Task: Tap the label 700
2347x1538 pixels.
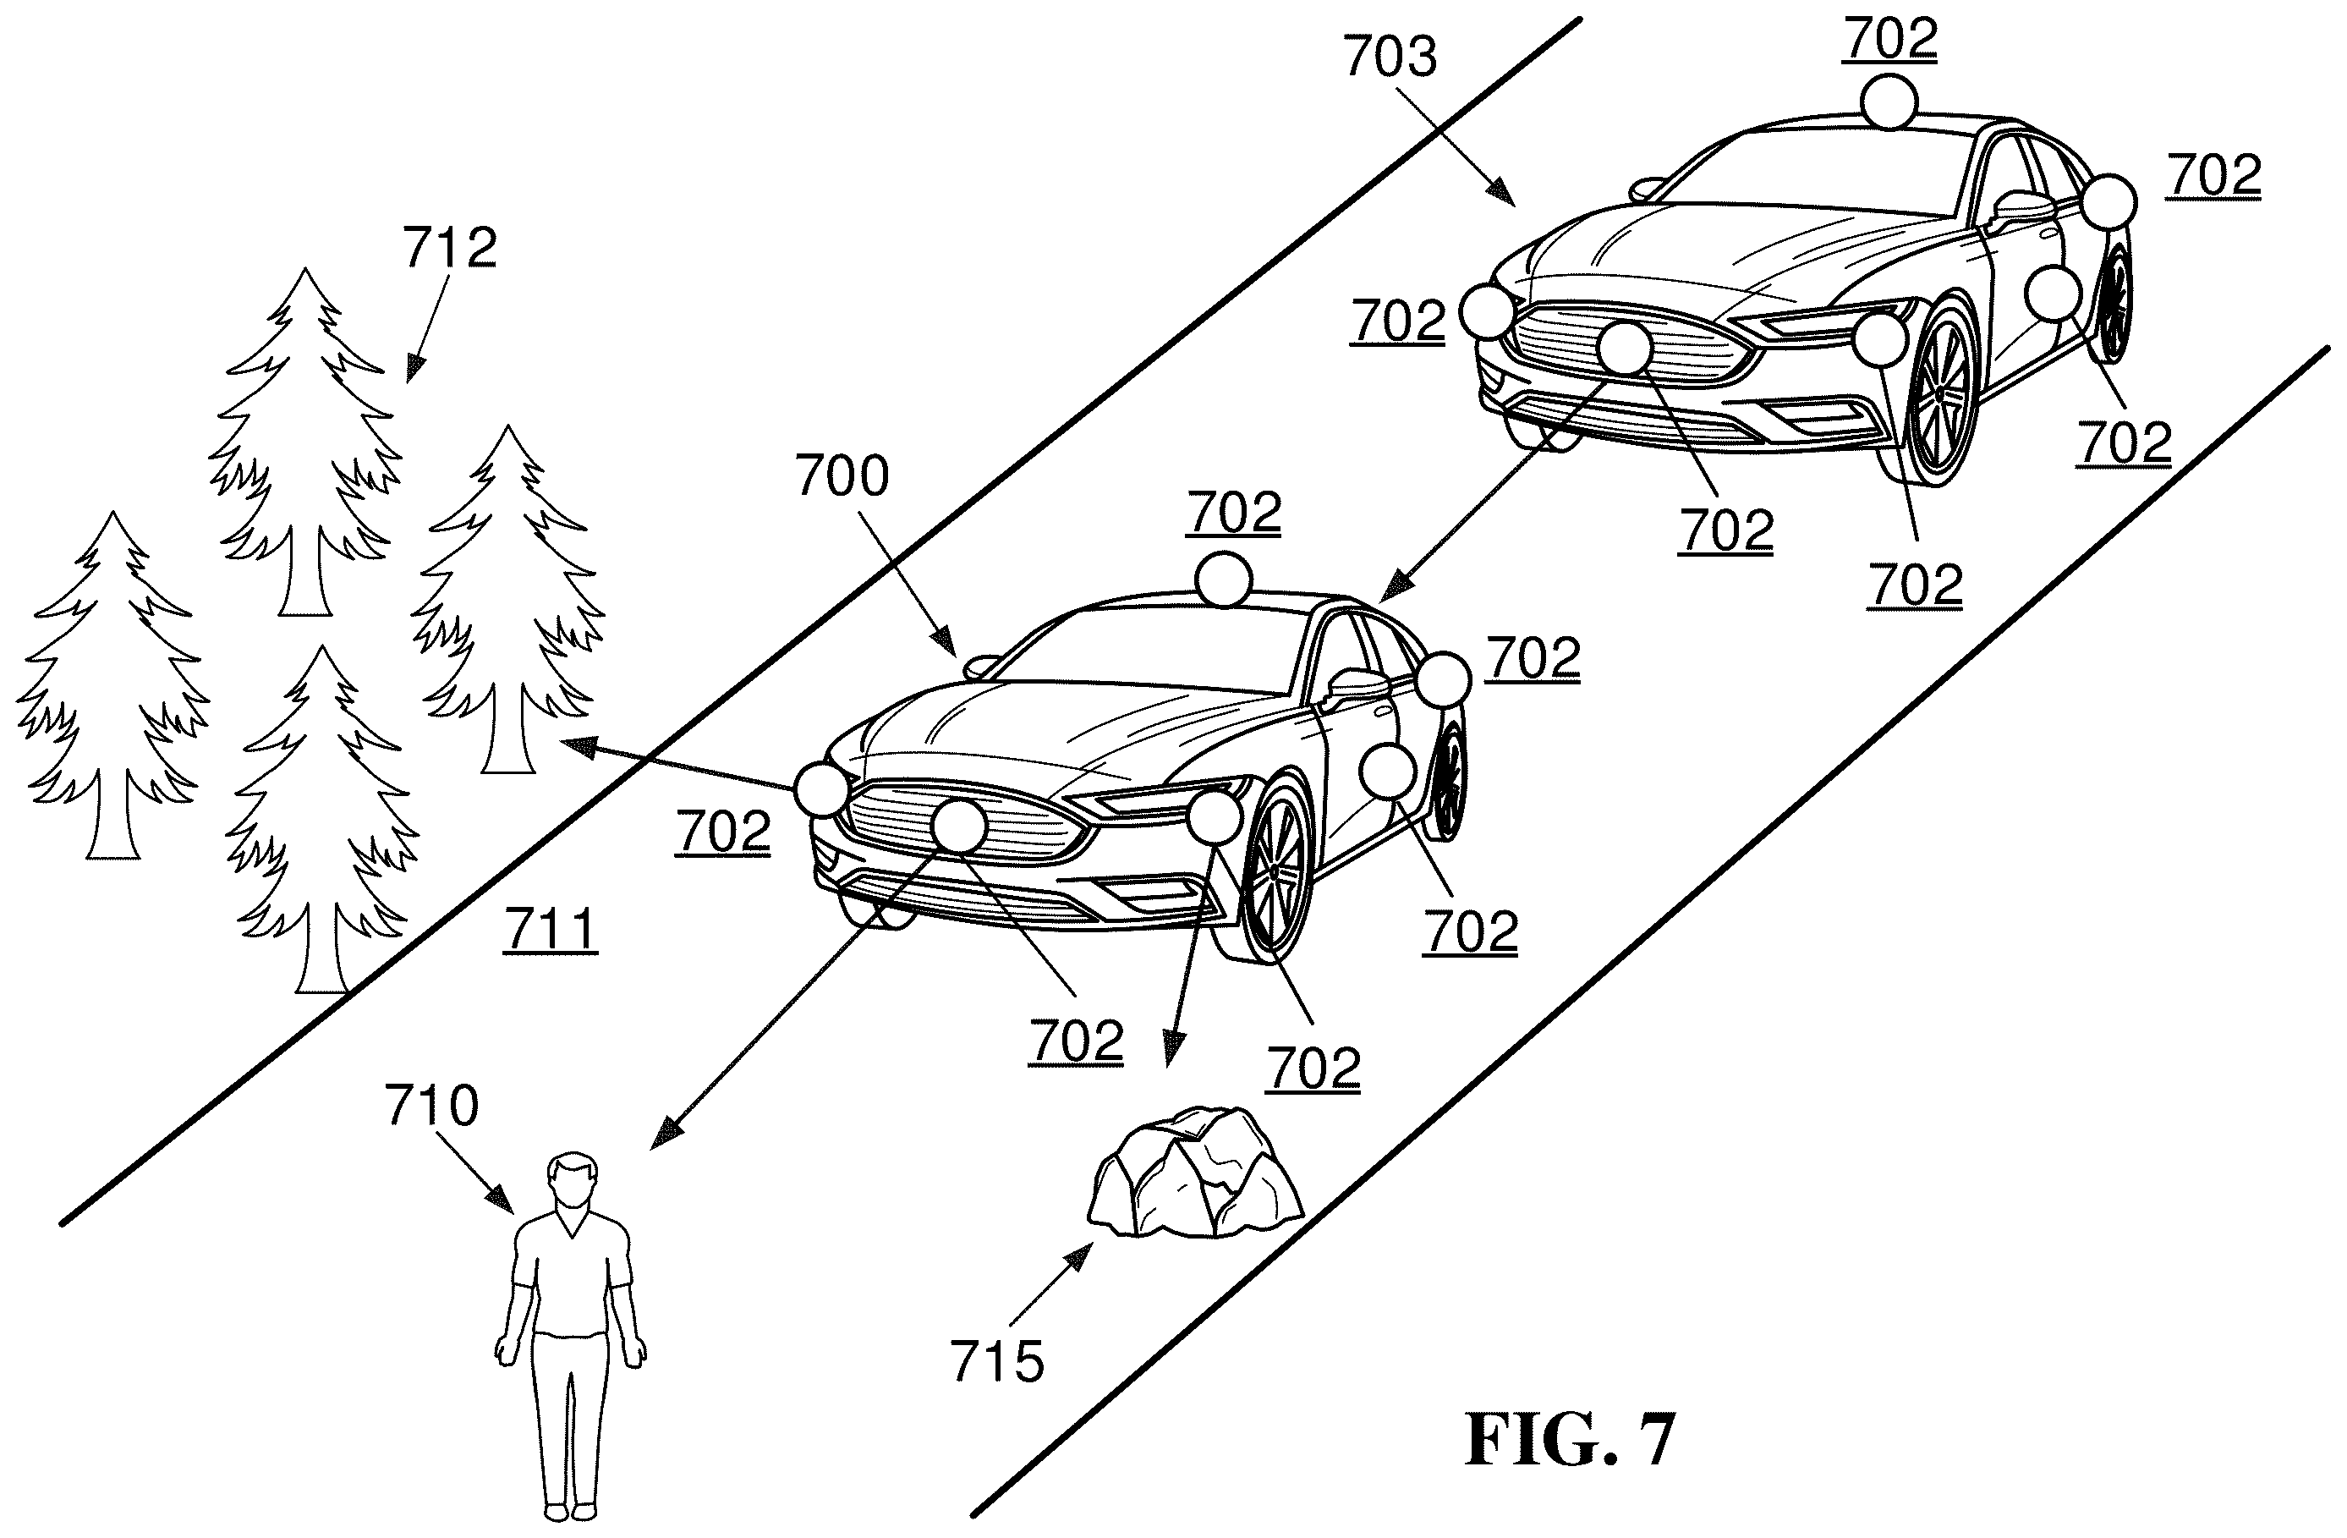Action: [x=842, y=475]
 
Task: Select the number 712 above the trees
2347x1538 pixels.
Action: [x=450, y=247]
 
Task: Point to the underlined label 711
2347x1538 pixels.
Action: [x=551, y=929]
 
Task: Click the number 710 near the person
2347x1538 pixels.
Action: [x=432, y=1105]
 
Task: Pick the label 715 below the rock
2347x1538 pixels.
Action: [x=997, y=1362]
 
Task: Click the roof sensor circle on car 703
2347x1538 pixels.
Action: [x=1889, y=102]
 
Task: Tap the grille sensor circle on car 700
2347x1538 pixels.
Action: [x=958, y=826]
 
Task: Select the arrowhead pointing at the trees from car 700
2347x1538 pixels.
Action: [x=578, y=744]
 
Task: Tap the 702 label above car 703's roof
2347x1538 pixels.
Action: [x=1890, y=40]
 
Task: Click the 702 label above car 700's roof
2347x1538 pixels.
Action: [x=1234, y=512]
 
